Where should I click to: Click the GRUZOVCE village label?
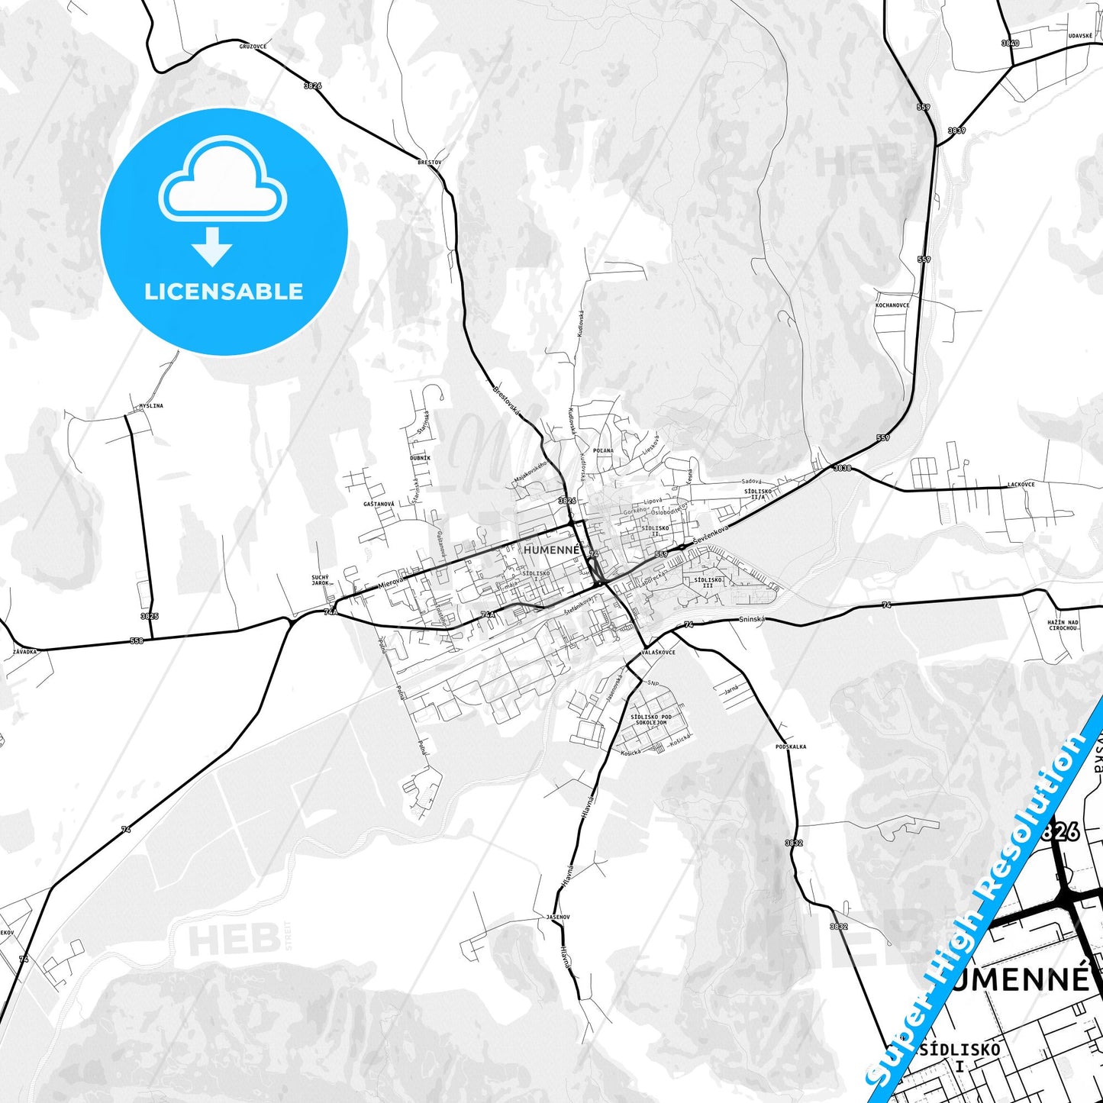tap(253, 47)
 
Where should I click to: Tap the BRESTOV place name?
tap(429, 163)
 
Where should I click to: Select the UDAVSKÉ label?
tap(1080, 36)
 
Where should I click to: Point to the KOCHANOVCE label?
tap(892, 305)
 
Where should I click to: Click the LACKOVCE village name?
tap(1021, 485)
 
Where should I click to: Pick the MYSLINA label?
tap(151, 406)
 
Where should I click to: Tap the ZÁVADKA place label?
tap(24, 652)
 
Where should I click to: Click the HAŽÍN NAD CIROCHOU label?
tap(1063, 625)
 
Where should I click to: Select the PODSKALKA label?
tap(790, 747)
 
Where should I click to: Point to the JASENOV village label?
tap(558, 917)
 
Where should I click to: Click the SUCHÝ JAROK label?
tap(320, 580)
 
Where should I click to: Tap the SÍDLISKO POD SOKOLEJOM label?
tap(651, 720)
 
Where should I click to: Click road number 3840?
tap(1010, 44)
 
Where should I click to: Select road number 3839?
tap(956, 131)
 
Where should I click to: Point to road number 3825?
tap(150, 616)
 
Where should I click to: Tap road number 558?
tap(136, 640)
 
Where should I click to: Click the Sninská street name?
tap(751, 620)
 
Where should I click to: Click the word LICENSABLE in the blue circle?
tap(224, 292)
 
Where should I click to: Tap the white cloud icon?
tap(222, 179)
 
